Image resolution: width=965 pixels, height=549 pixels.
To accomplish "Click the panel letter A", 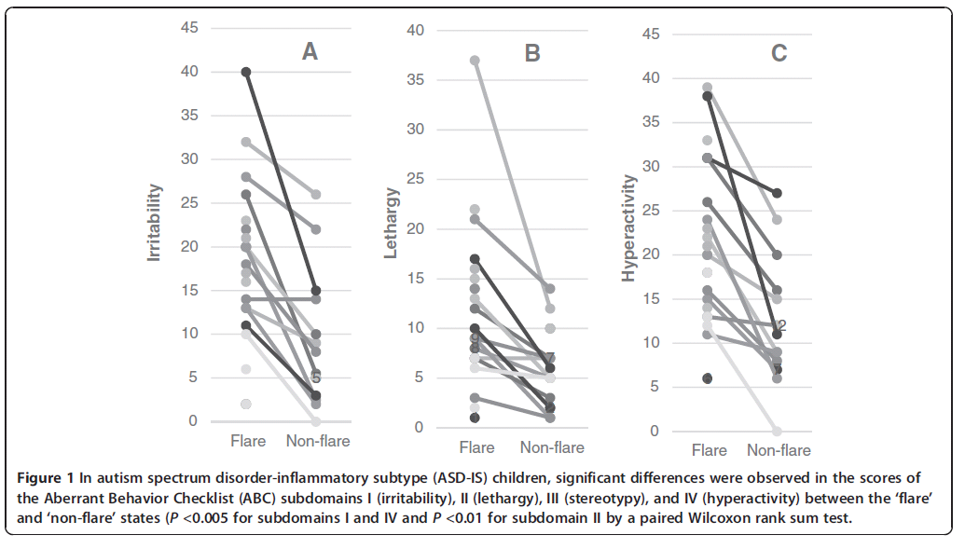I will pos(310,52).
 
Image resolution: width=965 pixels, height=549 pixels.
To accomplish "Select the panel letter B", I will pos(532,52).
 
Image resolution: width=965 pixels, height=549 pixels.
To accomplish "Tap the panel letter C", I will pos(779,53).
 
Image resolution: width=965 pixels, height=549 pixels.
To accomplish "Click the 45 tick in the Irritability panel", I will pos(188,28).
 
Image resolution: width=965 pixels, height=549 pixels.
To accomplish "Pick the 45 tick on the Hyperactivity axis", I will pos(651,34).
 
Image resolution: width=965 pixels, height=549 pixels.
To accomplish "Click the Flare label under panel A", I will pos(248,441).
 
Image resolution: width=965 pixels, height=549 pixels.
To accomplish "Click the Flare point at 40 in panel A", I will pos(246,72).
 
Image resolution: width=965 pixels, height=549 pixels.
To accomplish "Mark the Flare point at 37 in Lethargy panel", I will pos(475,61).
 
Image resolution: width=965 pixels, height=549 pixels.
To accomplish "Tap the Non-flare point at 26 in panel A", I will pos(316,194).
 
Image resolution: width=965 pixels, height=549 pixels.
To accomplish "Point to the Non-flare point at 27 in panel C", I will pos(776,193).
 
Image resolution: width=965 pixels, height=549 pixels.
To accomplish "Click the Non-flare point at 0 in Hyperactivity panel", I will pos(776,431).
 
